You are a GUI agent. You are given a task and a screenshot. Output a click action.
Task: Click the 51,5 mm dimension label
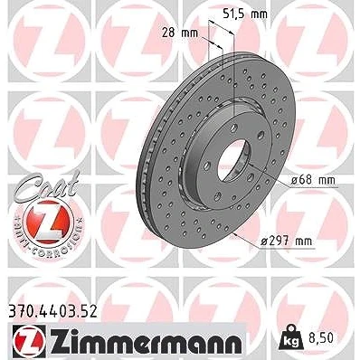click(244, 14)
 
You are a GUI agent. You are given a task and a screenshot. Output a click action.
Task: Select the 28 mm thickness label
click(180, 33)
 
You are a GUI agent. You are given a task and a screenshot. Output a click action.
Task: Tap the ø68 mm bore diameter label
click(313, 180)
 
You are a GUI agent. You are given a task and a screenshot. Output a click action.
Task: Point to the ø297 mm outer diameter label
click(286, 242)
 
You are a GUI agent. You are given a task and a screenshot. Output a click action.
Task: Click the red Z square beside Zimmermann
click(29, 341)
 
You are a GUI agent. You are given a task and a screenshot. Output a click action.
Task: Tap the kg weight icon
click(290, 338)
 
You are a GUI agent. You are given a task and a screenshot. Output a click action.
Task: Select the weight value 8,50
click(320, 337)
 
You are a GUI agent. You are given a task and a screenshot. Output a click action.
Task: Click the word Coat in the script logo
click(47, 184)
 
